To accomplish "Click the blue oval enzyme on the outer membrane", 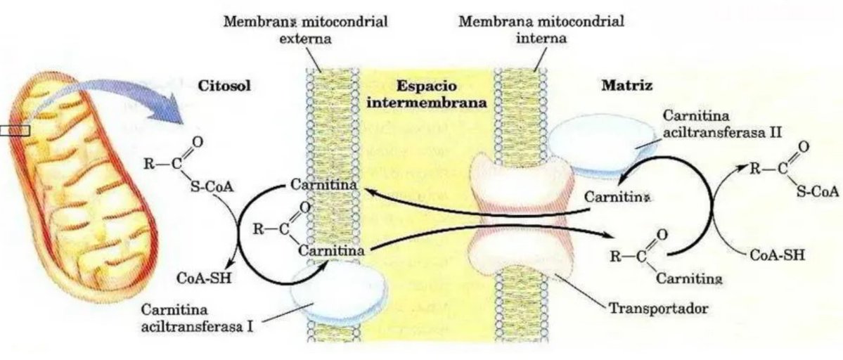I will (x=340, y=292).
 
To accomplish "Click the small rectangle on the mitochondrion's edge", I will (x=15, y=129).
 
